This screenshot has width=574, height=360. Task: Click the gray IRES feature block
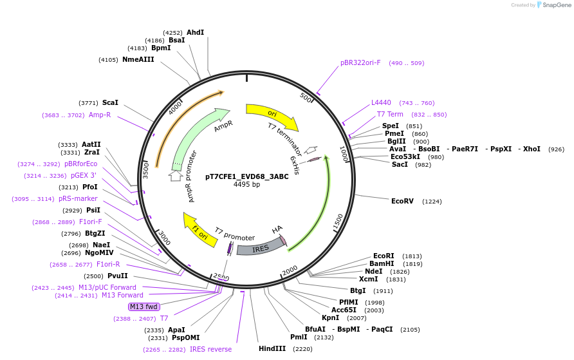coord(260,247)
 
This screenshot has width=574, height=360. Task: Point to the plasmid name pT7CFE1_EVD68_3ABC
coord(247,176)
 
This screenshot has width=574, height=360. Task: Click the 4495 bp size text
coord(247,185)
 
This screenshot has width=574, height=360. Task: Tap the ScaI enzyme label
coord(110,102)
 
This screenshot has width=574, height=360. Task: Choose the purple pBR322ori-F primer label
coord(360,63)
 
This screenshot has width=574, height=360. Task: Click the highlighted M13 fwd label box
coord(143,307)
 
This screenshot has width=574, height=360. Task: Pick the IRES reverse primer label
coord(210,349)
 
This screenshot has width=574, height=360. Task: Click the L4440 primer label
coord(381,102)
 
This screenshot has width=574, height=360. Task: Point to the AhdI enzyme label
coord(195,32)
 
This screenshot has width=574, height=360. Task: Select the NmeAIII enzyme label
coord(138,59)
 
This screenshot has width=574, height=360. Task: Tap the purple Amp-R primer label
coord(100,115)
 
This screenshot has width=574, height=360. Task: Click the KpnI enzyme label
coord(330,317)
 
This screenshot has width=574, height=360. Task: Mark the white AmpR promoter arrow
coord(176,175)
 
